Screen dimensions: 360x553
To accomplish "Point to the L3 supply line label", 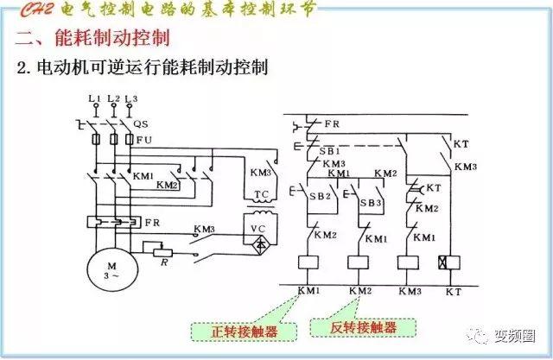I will pos(130,99).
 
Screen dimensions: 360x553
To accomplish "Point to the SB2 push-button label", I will pos(321,196).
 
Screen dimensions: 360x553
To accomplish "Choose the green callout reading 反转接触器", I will pos(363,327).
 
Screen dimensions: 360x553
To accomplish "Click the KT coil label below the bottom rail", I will pos(453,292).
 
